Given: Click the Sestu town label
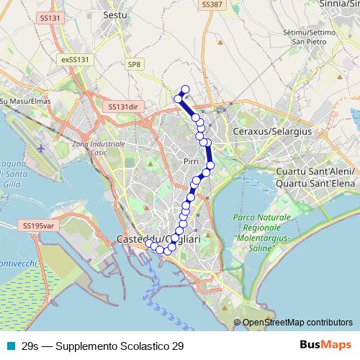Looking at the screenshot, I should click(115, 14).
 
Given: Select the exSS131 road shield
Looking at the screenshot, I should click(74, 59).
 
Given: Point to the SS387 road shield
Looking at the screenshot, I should click(211, 4).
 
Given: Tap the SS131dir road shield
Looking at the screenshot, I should click(123, 106).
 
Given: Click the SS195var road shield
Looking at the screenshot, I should click(38, 225).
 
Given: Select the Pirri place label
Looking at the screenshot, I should click(191, 161).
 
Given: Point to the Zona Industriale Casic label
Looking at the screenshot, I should click(99, 149).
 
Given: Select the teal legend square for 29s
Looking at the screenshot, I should click(10, 346).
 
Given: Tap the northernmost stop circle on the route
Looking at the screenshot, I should click(185, 89).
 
